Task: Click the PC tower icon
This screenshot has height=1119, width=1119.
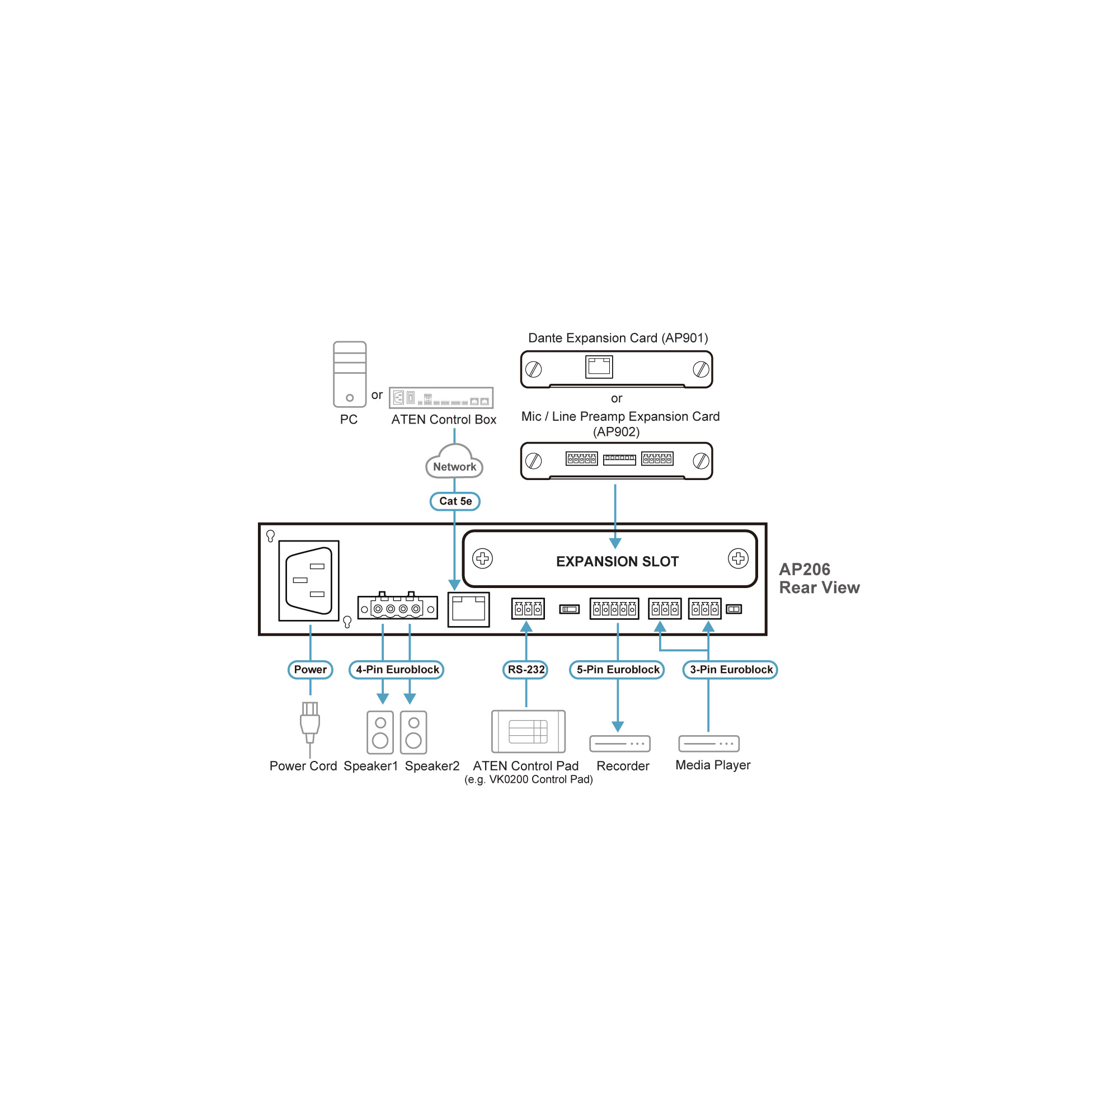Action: [349, 374]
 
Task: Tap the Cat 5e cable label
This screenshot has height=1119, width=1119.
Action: [455, 501]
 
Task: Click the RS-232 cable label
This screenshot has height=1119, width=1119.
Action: [525, 670]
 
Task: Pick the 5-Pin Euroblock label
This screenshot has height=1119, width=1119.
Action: [618, 670]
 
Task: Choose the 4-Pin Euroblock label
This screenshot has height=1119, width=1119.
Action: [397, 670]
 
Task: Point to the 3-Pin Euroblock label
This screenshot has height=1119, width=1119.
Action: [730, 670]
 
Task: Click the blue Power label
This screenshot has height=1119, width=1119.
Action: [310, 670]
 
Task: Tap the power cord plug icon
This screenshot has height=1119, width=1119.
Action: [310, 722]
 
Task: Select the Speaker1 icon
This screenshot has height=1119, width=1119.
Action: [380, 733]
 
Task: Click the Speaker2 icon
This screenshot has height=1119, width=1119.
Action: [413, 733]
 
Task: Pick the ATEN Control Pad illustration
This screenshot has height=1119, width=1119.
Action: [528, 731]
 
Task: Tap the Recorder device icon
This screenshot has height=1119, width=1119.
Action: [620, 743]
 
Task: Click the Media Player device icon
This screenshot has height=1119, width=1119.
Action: [708, 743]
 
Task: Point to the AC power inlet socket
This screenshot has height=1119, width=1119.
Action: [309, 580]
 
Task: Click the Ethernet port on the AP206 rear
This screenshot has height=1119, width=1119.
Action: [468, 609]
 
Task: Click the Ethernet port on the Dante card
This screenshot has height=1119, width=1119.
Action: [599, 366]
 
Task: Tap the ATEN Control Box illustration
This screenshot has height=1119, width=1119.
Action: [441, 398]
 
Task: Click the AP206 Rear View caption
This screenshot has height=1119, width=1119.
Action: [819, 578]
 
